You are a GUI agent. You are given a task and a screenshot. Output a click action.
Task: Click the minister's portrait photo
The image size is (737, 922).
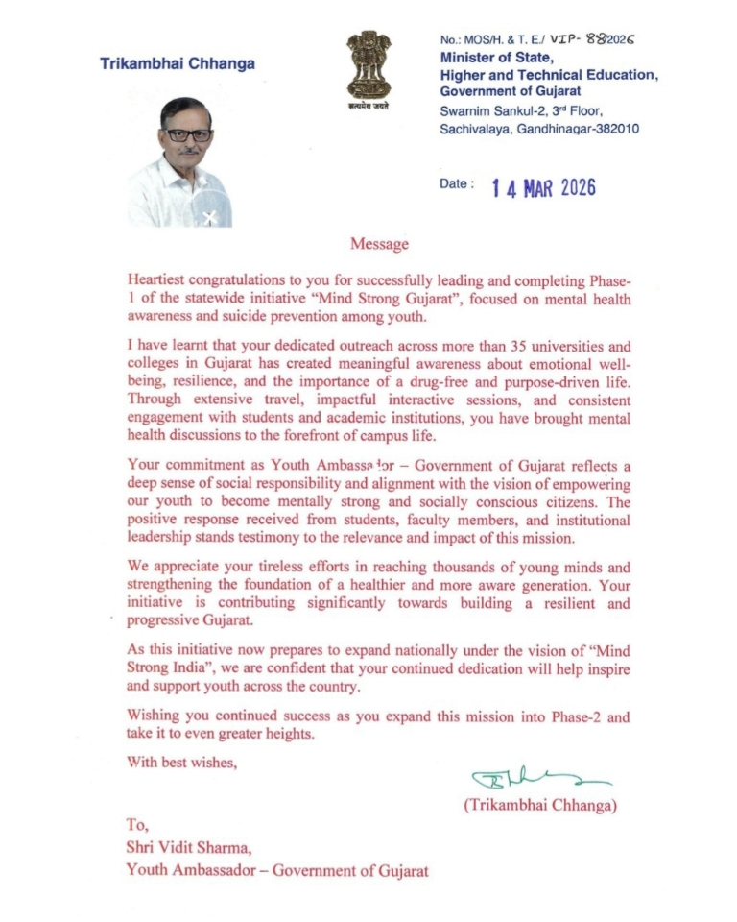click(180, 161)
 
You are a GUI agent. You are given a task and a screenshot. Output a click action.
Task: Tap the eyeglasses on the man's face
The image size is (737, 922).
click(188, 135)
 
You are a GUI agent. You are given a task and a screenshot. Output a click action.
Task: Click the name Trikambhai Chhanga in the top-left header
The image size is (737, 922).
click(178, 64)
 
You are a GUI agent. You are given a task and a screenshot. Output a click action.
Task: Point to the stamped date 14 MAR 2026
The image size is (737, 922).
click(543, 186)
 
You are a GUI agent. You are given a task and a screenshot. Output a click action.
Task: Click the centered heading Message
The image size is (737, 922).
click(379, 244)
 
